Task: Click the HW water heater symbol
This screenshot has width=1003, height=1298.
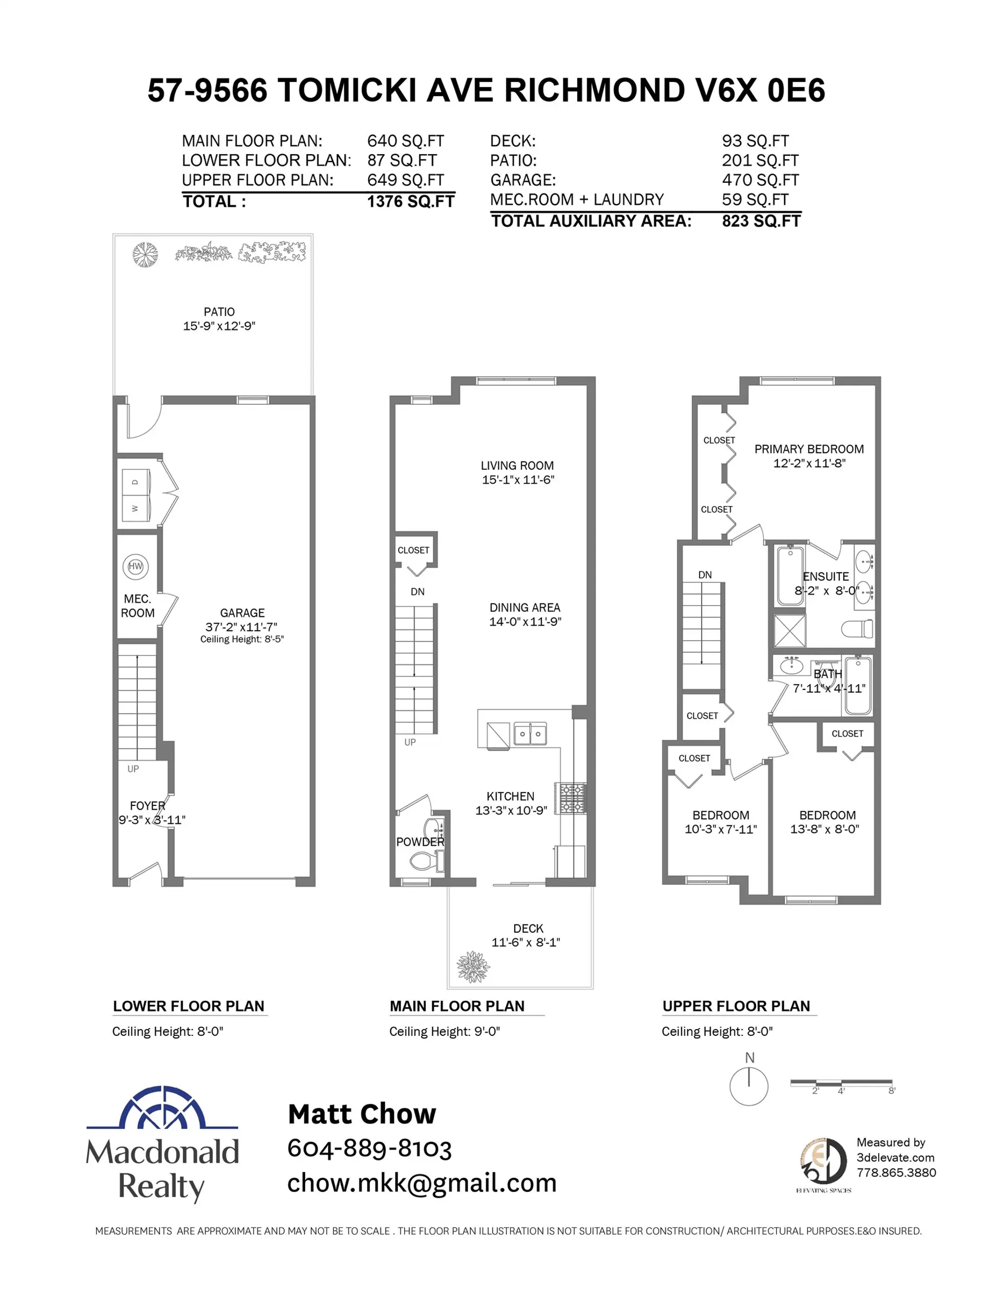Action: (135, 566)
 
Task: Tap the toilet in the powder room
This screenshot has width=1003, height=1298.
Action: (424, 860)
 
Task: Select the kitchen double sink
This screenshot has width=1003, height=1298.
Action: (530, 734)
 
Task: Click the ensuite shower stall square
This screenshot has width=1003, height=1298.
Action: (789, 630)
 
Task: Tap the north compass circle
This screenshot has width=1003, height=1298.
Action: (749, 1086)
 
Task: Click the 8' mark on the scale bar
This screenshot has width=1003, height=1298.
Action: (891, 1090)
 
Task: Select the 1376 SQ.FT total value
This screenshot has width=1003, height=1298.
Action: (410, 202)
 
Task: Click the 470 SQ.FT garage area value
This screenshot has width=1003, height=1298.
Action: (760, 180)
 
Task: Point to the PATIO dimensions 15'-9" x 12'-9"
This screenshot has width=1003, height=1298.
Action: (219, 326)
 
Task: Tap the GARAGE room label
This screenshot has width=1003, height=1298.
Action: (242, 613)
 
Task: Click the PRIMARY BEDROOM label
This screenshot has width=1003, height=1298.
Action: (809, 449)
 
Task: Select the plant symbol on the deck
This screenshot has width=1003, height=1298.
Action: (473, 966)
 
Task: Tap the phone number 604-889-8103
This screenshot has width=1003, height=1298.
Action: (369, 1148)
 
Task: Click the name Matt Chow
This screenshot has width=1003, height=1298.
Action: (361, 1114)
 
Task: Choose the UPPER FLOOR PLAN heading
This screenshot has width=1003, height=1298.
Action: (736, 1006)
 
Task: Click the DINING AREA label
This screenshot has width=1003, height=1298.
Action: (524, 607)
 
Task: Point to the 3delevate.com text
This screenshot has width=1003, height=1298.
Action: (895, 1157)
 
